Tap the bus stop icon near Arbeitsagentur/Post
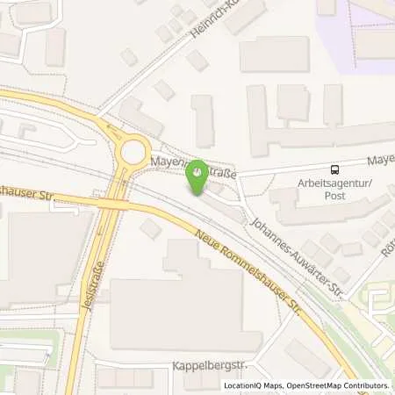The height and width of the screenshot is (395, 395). (x=335, y=169)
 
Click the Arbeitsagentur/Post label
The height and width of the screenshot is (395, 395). (x=334, y=189)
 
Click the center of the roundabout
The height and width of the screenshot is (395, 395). (x=134, y=152)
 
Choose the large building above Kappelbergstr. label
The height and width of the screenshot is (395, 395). (x=184, y=312)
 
